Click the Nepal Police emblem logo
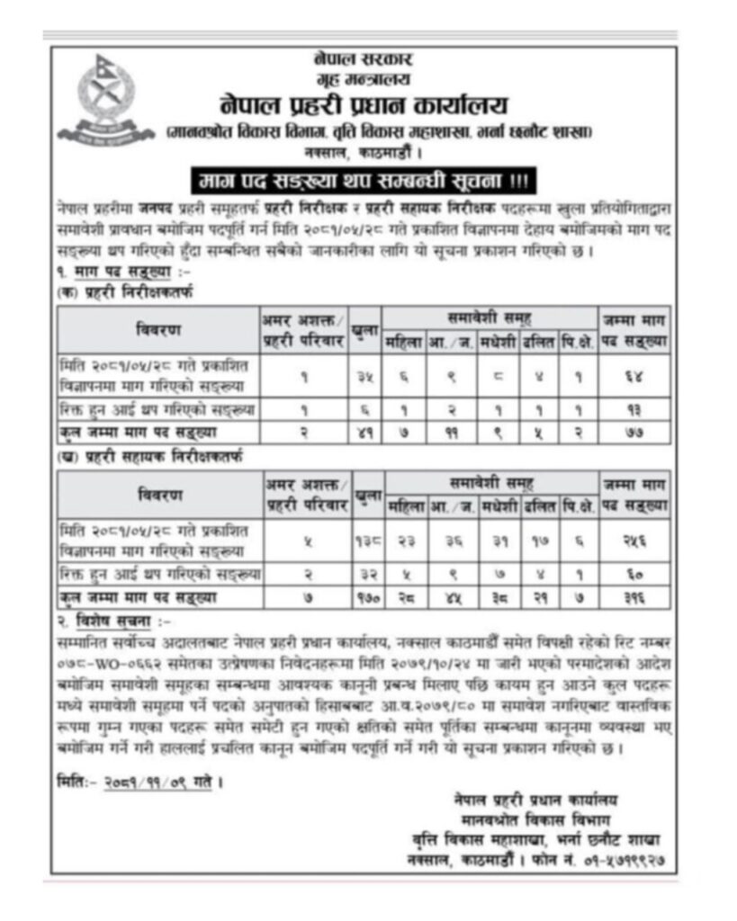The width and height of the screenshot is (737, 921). pyautogui.click(x=105, y=100)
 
